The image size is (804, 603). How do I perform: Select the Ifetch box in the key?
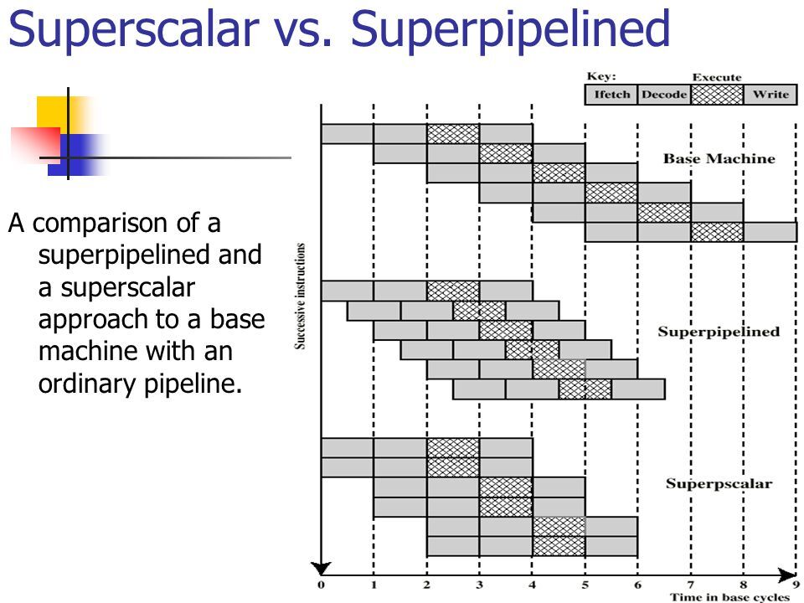click(x=611, y=95)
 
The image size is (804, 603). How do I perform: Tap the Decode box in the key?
click(x=663, y=95)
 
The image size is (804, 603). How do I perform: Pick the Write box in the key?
click(x=770, y=95)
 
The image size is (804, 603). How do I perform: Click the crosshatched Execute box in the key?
click(x=716, y=95)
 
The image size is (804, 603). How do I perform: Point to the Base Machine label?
click(x=719, y=158)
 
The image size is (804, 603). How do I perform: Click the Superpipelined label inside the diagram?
click(x=719, y=332)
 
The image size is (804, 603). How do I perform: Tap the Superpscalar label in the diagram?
click(x=719, y=484)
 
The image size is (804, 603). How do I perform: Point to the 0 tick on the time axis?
click(x=322, y=583)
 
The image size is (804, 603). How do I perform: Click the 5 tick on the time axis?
click(x=585, y=583)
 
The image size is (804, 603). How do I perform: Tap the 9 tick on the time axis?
click(x=795, y=583)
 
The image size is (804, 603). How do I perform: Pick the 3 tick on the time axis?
click(x=480, y=583)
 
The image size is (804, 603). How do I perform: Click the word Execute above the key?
click(x=717, y=78)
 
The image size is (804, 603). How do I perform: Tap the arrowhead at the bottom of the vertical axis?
click(x=322, y=566)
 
